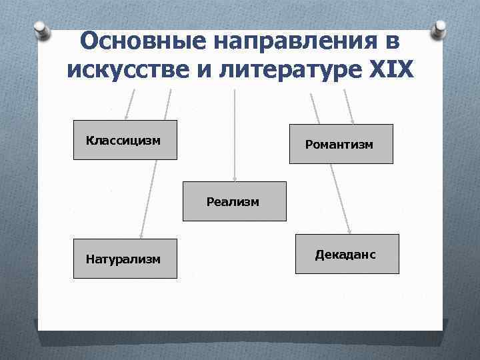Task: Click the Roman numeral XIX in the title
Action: coord(390,69)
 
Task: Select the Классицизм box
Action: coord(125,140)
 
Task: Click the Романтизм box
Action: coord(341,144)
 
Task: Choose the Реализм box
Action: coord(234,201)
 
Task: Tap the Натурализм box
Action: coord(125,259)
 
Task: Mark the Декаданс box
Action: coord(347,254)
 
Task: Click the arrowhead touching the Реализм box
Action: coord(234,178)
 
